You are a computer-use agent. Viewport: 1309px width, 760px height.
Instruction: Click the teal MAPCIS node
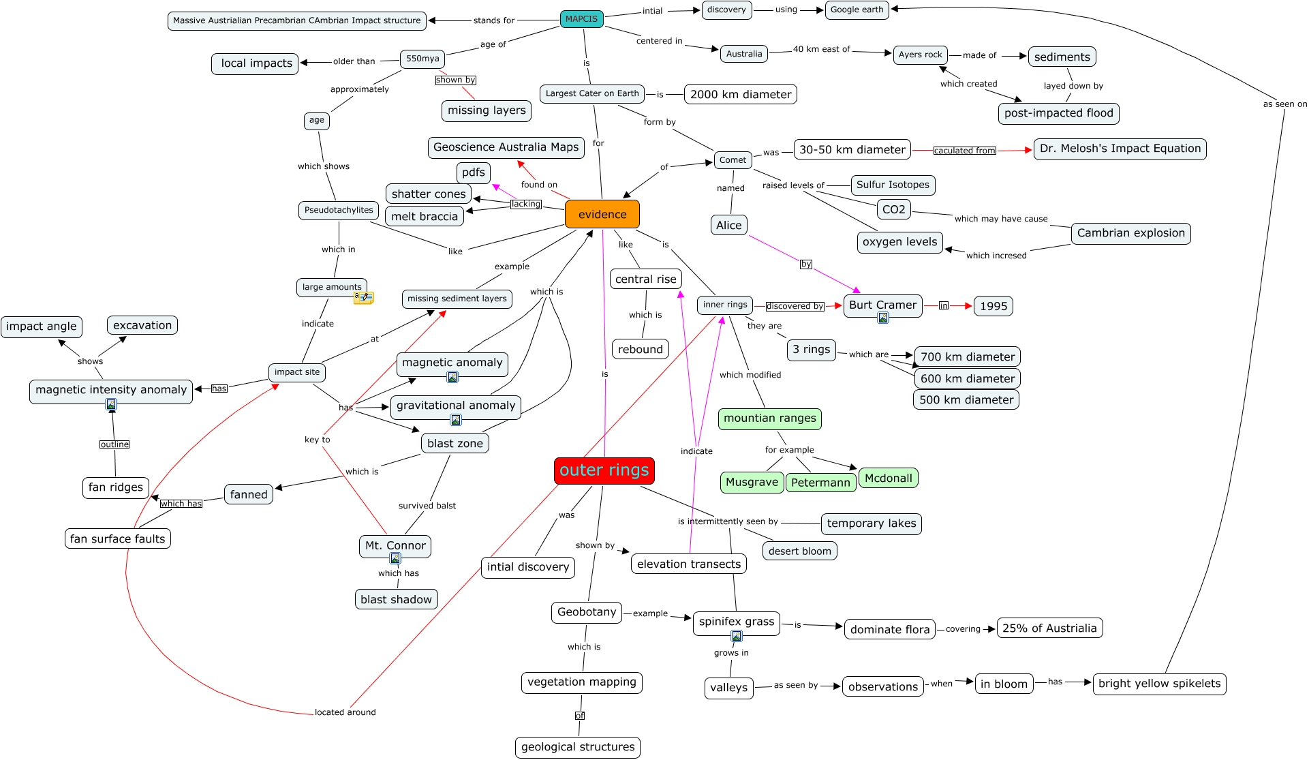[581, 19]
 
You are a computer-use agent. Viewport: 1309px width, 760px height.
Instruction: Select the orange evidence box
[602, 214]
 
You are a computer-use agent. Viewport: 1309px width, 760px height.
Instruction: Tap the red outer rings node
[604, 470]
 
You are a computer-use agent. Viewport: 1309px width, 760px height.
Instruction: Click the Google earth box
[857, 10]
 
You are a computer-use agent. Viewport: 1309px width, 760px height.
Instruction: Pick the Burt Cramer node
[882, 305]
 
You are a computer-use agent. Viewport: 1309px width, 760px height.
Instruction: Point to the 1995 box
[993, 306]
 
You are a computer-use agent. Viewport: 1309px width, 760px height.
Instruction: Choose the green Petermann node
[820, 483]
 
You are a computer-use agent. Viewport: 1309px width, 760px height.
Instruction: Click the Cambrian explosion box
[1130, 233]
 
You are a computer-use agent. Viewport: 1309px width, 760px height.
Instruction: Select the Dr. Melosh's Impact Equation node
[1120, 149]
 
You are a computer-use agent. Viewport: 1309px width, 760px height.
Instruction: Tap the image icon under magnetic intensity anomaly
[111, 405]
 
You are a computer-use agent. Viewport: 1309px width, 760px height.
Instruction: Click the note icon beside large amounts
[364, 297]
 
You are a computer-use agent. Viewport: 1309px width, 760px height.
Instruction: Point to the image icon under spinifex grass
[737, 636]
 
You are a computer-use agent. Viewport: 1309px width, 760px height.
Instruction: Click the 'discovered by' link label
[795, 306]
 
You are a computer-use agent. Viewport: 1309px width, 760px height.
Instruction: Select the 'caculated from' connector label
[964, 151]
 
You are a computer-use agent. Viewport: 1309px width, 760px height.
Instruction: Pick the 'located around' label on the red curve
[345, 712]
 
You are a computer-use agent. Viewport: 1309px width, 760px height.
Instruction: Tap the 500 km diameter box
[966, 399]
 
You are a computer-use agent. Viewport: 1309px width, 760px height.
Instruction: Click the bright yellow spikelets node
[1159, 684]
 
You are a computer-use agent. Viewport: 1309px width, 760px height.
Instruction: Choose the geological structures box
[577, 747]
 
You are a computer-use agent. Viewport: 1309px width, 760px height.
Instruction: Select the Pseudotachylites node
[339, 210]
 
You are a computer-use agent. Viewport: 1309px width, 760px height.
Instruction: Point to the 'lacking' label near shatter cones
[525, 204]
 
